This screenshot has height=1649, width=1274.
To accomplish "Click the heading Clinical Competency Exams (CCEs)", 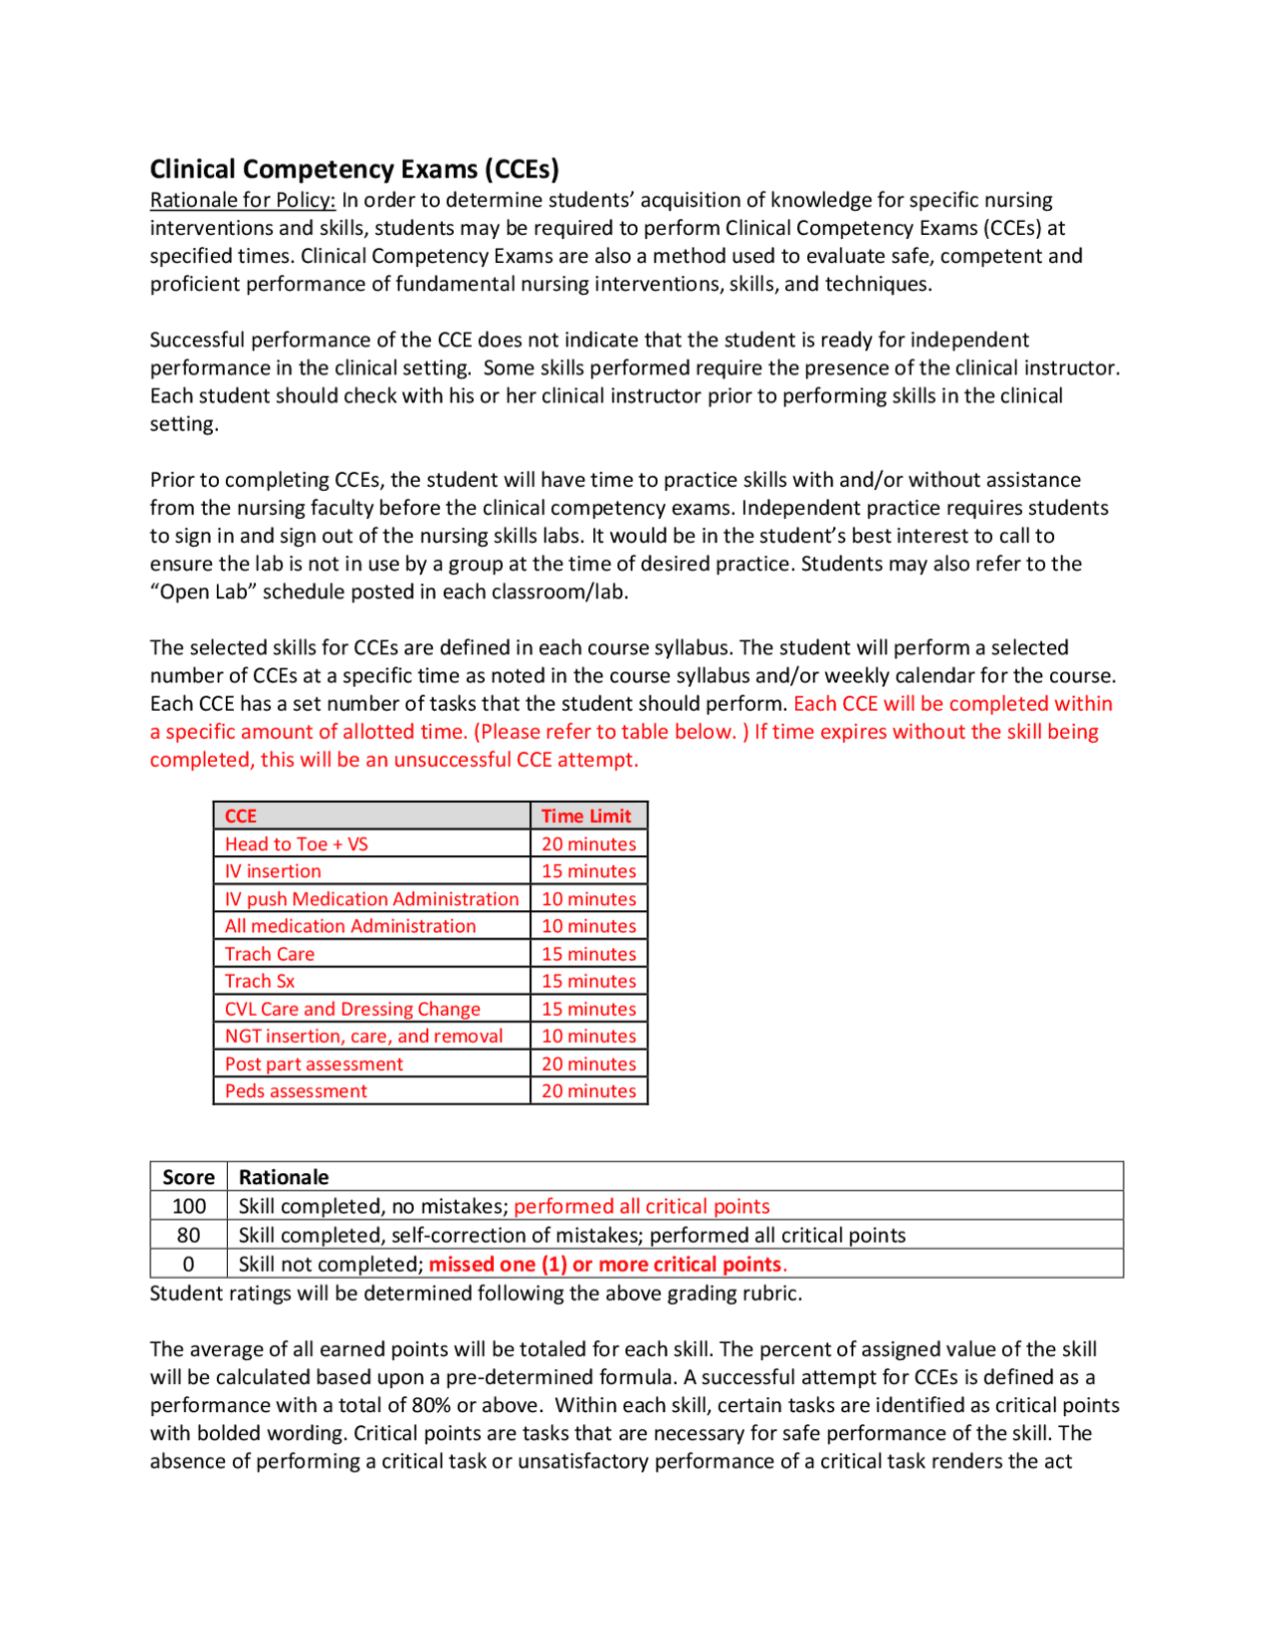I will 354,169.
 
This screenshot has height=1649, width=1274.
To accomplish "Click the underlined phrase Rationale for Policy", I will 242,200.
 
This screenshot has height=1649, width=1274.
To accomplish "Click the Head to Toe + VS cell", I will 297,844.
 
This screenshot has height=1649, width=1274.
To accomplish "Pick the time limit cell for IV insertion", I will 588,871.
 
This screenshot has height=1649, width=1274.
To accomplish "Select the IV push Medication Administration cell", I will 371,899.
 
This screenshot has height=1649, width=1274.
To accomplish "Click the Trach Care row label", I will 270,954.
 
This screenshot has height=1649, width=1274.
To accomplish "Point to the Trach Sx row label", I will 260,982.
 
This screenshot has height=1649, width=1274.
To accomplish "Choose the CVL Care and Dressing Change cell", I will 352,1010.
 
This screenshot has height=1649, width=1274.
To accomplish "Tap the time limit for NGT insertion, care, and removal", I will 588,1037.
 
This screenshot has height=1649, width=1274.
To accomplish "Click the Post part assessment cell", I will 314,1064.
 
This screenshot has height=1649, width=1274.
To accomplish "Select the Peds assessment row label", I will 296,1091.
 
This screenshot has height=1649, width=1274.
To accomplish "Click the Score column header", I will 188,1178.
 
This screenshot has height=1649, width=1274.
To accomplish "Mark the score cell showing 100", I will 188,1207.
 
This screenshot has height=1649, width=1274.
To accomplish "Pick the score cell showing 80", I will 188,1236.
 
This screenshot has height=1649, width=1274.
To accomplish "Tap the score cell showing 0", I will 188,1265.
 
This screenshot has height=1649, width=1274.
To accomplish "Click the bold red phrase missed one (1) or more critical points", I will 606,1265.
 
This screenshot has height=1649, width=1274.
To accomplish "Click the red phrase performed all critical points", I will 642,1207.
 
